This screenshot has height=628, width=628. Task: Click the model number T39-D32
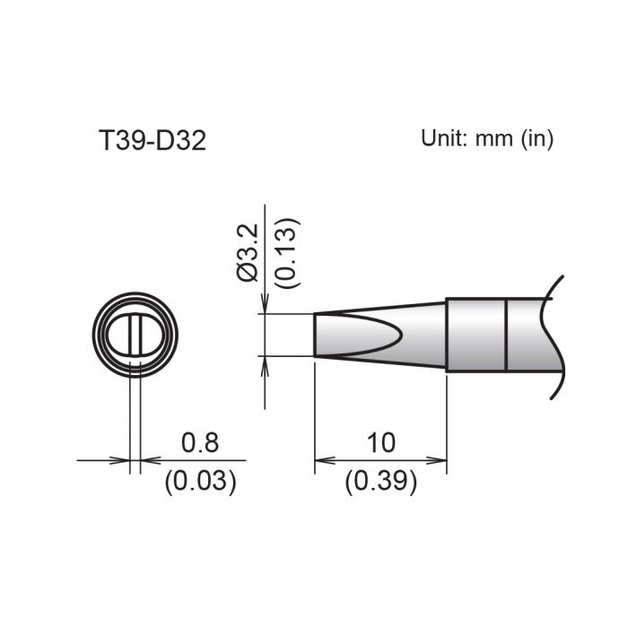tap(152, 141)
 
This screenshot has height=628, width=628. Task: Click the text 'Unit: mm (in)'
tap(487, 138)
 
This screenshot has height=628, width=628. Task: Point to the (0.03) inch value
tap(200, 482)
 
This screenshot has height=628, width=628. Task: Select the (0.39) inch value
tap(380, 482)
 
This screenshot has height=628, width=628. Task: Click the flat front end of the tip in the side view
tap(315, 336)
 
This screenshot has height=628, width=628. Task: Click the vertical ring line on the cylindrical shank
tap(507, 335)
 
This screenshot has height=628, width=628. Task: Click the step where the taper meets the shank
tap(447, 335)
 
